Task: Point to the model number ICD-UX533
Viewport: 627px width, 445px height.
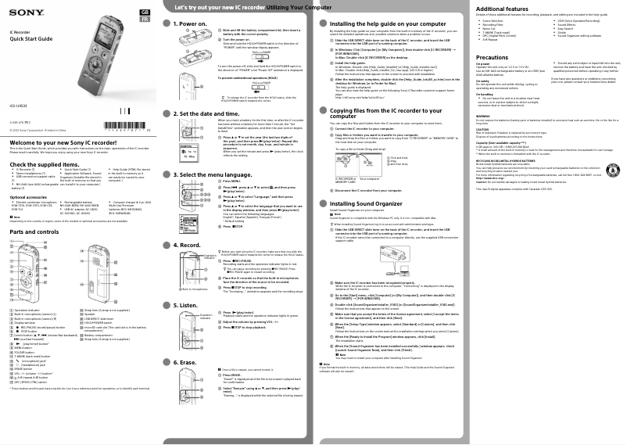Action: [19, 106]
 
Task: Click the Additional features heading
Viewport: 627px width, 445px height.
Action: [507, 9]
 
